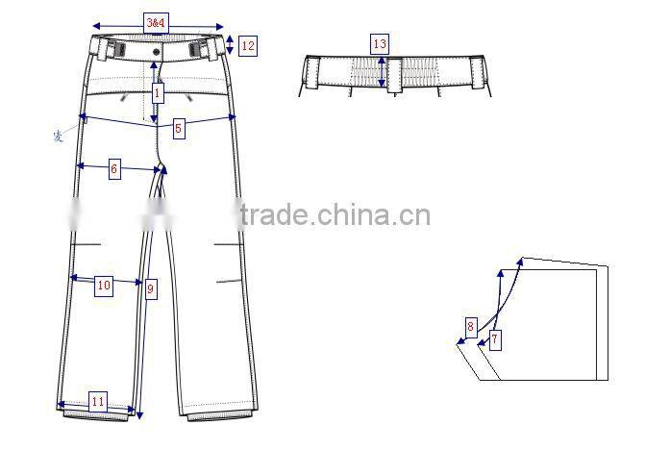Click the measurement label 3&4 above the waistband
click(x=154, y=20)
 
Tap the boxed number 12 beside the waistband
click(x=247, y=45)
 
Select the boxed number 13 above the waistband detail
click(x=380, y=43)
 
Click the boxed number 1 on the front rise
click(x=158, y=93)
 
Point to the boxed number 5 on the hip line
click(x=178, y=127)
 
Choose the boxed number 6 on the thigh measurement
click(x=113, y=169)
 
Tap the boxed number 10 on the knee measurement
click(x=104, y=285)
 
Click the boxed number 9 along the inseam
click(x=150, y=287)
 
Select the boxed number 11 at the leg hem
click(x=97, y=402)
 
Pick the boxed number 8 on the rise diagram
click(x=470, y=326)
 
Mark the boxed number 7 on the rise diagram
click(x=494, y=339)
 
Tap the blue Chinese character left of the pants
click(x=58, y=136)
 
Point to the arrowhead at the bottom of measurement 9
click(x=140, y=414)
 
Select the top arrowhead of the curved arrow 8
click(x=501, y=272)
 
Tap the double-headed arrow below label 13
click(x=382, y=71)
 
